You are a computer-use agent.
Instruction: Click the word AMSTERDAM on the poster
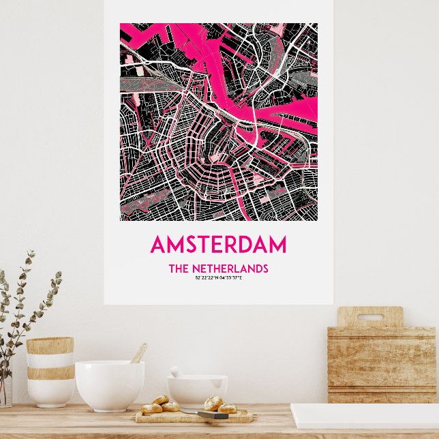(218, 245)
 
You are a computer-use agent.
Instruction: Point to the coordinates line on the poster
(218, 277)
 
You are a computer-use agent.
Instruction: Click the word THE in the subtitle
(178, 269)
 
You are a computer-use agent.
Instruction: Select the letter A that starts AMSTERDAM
(158, 245)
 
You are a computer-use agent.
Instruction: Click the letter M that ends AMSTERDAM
(277, 245)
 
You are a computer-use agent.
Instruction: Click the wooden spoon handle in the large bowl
(139, 352)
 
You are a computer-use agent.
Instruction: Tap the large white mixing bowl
(109, 385)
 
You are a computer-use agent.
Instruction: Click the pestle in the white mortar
(177, 372)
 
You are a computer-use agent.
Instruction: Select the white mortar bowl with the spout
(196, 390)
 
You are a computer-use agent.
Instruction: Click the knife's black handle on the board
(212, 414)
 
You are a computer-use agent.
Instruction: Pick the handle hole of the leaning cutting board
(370, 317)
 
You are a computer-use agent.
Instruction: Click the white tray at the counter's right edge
(364, 415)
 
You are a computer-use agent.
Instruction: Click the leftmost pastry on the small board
(151, 408)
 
